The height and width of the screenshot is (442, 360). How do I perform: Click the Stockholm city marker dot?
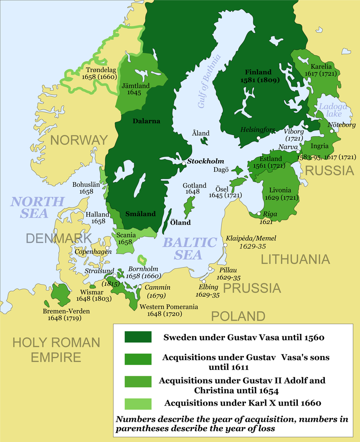(184, 163)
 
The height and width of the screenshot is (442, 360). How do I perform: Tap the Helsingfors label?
(257, 130)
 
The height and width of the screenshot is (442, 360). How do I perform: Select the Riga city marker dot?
(258, 214)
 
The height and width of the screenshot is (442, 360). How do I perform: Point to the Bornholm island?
(143, 259)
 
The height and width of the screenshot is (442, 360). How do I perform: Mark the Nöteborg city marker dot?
(332, 131)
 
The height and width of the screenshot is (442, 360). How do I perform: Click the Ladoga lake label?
(331, 111)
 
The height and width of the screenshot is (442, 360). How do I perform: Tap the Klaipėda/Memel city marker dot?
(225, 245)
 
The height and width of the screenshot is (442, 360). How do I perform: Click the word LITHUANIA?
(296, 259)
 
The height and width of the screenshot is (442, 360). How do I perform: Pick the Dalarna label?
(147, 121)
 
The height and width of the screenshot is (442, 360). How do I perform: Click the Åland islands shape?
(204, 141)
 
